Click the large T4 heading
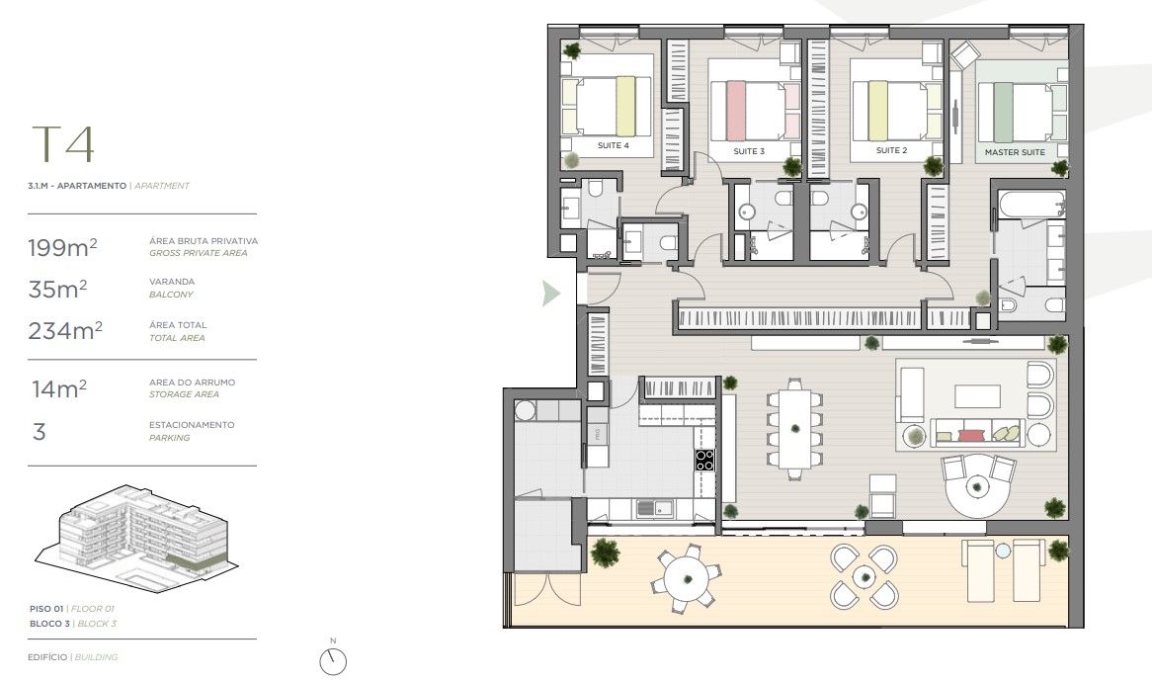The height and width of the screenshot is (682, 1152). [x=63, y=144]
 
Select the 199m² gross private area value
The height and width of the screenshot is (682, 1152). [x=62, y=247]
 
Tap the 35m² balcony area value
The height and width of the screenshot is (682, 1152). [x=57, y=289]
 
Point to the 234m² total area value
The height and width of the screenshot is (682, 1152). [x=65, y=331]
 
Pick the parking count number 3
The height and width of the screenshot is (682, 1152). [x=40, y=432]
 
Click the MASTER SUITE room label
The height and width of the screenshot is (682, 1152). [x=1015, y=152]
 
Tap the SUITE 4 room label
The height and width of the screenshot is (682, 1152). [x=613, y=145]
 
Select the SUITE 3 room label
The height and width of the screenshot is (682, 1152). [x=749, y=152]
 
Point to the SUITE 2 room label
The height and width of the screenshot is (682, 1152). [x=891, y=151]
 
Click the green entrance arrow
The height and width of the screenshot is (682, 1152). [x=551, y=293]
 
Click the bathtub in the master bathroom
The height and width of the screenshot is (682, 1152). [x=1030, y=207]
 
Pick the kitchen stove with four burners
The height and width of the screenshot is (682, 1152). [x=704, y=460]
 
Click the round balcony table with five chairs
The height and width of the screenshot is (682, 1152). [x=683, y=575]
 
